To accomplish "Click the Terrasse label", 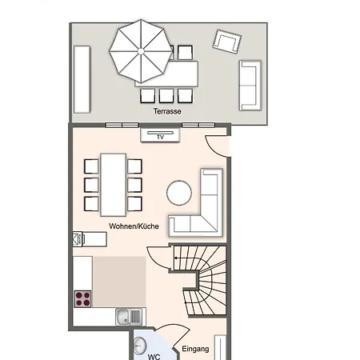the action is point(167,111).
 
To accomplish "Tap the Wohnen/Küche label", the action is point(134,226).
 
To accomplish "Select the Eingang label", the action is point(195,349).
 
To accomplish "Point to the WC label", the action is point(154,357).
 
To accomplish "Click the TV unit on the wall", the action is point(160,135).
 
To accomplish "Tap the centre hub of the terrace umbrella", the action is point(141,51).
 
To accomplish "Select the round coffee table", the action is point(179,193).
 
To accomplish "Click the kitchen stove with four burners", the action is point(82,299).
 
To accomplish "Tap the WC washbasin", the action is point(139,346).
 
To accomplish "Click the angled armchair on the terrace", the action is point(227,42).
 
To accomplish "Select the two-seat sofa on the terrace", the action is point(250,86).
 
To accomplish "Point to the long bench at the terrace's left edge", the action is point(82,79).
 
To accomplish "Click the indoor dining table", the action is point(114,185).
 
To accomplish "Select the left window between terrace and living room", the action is point(122,125).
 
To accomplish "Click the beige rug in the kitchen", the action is point(119,282).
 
